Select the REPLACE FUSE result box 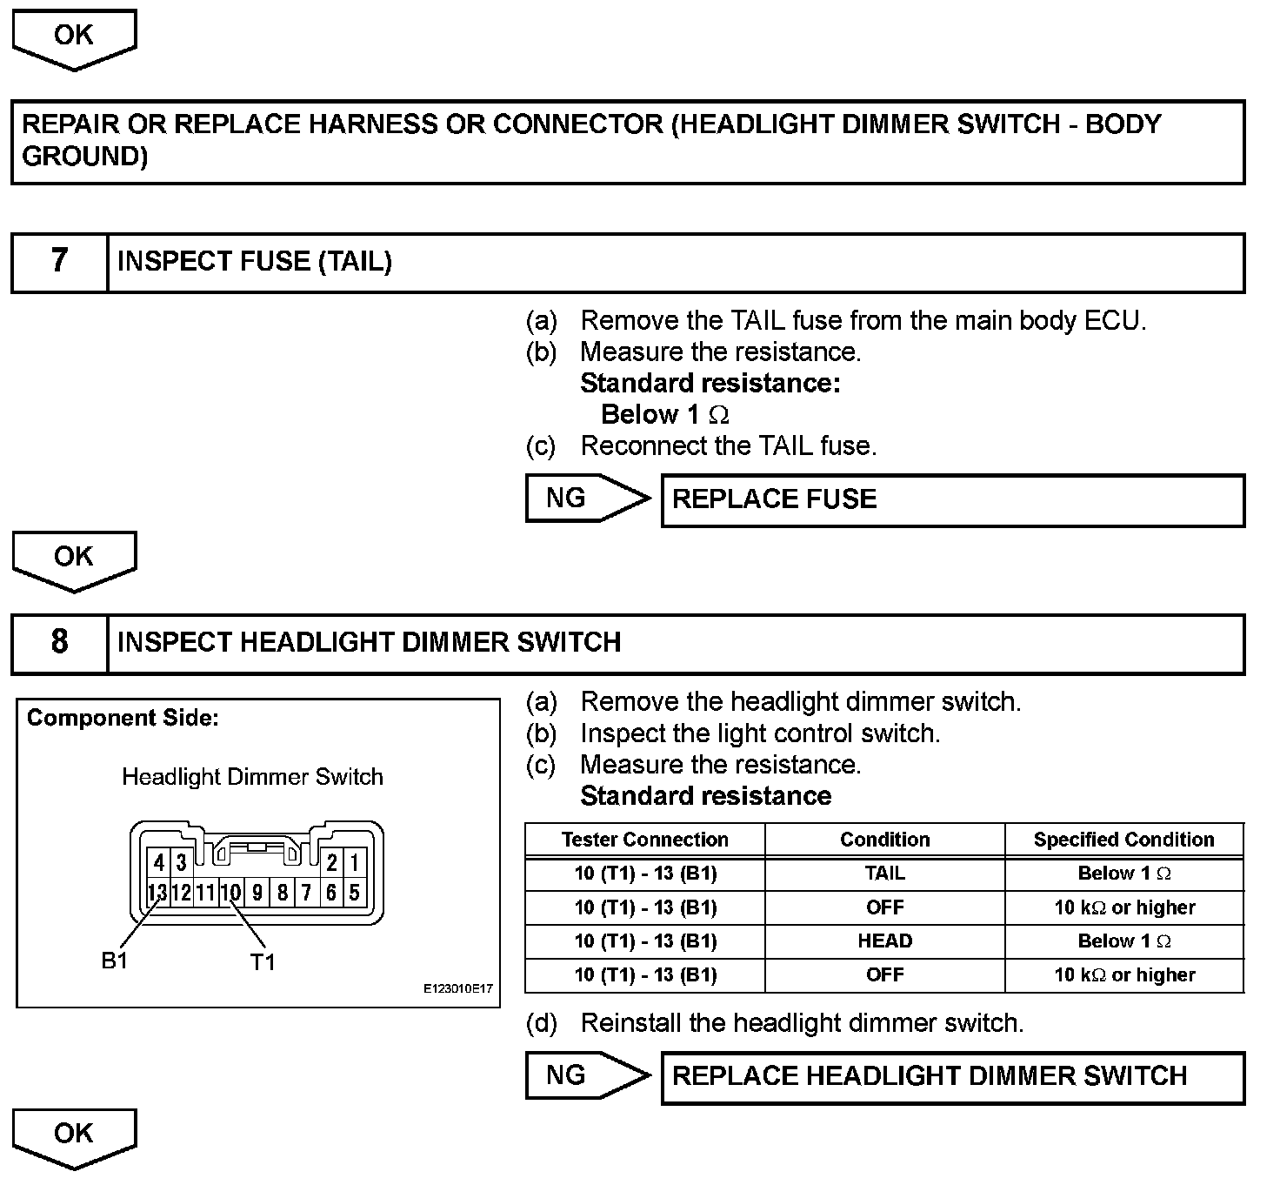click(x=952, y=499)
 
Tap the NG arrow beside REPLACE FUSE click(x=588, y=499)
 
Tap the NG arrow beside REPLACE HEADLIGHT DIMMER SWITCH click(x=588, y=1075)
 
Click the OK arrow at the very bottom click(x=74, y=1136)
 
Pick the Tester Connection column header click(x=644, y=840)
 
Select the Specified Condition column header click(x=1123, y=840)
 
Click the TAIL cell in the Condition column click(x=884, y=874)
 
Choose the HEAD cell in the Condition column click(x=884, y=941)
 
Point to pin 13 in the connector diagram click(x=157, y=892)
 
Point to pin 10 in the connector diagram click(x=230, y=892)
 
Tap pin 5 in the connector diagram click(x=355, y=892)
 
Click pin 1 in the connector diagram click(x=355, y=863)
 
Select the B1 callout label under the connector click(x=115, y=961)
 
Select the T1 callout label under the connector click(x=263, y=961)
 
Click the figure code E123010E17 click(x=458, y=989)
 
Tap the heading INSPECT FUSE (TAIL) click(x=254, y=261)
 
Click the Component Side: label click(x=123, y=718)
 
